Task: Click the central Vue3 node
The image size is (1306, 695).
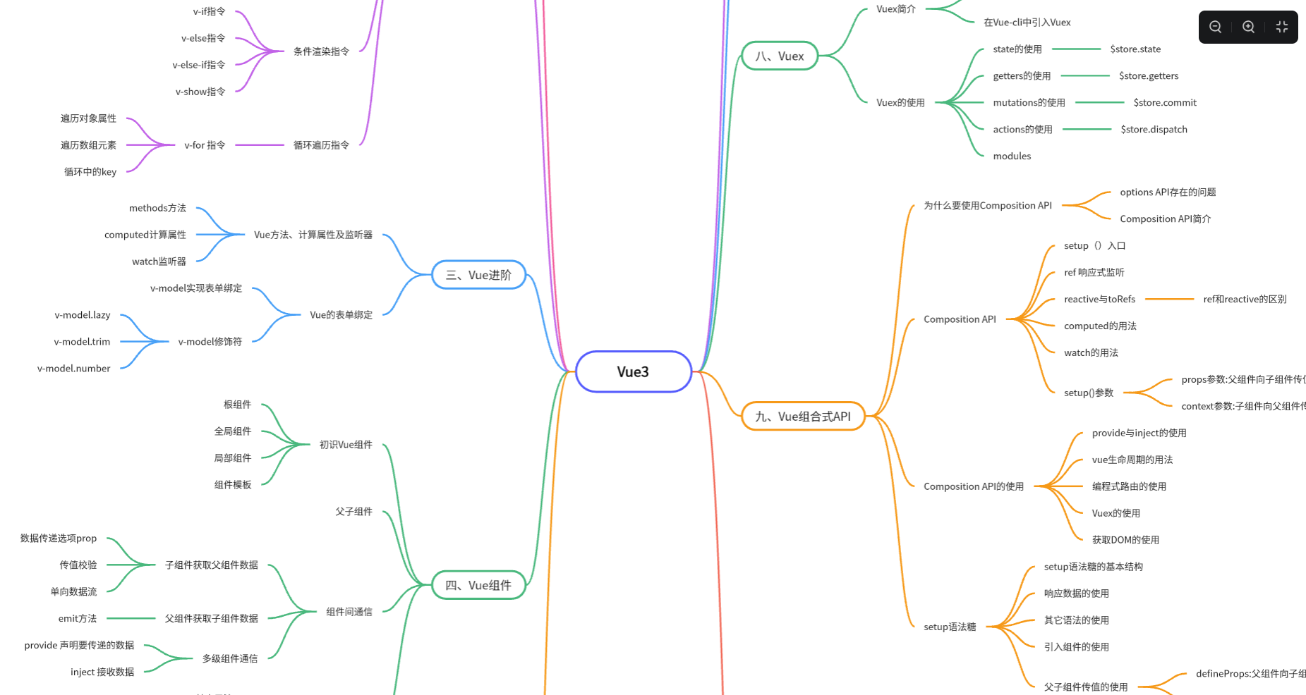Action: pyautogui.click(x=633, y=371)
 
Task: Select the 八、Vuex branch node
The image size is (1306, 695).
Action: pyautogui.click(x=779, y=56)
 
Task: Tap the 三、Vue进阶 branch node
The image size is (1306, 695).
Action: pyautogui.click(x=478, y=275)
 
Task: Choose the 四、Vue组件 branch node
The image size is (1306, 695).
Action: pyautogui.click(x=478, y=585)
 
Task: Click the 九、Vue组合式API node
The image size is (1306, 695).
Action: pyautogui.click(x=803, y=417)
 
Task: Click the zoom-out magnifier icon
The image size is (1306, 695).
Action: pyautogui.click(x=1215, y=27)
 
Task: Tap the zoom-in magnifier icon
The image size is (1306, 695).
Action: pyautogui.click(x=1248, y=27)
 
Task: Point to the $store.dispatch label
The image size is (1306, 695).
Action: pyautogui.click(x=1154, y=130)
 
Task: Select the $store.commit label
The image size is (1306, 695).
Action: pyautogui.click(x=1165, y=103)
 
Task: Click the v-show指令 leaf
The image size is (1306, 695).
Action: pyautogui.click(x=200, y=92)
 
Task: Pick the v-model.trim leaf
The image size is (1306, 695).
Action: pyautogui.click(x=82, y=342)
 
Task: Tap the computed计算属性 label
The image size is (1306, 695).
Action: pyautogui.click(x=145, y=235)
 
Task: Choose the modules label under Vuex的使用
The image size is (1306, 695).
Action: pyautogui.click(x=1012, y=156)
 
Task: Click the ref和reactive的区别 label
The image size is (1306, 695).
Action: pyautogui.click(x=1245, y=300)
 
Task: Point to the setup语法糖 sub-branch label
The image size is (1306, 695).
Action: pyautogui.click(x=950, y=627)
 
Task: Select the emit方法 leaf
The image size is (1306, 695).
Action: pyautogui.click(x=78, y=619)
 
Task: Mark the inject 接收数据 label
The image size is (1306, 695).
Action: pyautogui.click(x=102, y=672)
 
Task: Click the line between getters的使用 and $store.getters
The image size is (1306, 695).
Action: pyautogui.click(x=1084, y=75)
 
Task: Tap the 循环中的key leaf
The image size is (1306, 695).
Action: pyautogui.click(x=90, y=172)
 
